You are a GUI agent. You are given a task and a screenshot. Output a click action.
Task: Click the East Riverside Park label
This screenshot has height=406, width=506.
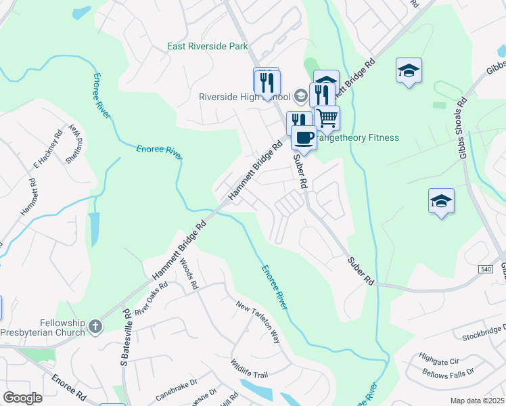tap(208, 47)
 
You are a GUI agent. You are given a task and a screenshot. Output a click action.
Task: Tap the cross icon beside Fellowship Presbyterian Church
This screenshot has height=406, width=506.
tap(96, 327)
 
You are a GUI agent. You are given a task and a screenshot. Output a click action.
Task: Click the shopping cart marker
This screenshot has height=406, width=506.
tap(327, 117)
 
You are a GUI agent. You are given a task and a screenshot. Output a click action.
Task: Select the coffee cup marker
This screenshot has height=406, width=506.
tap(304, 137)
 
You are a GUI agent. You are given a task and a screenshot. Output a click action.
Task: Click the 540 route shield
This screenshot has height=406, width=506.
tap(485, 269)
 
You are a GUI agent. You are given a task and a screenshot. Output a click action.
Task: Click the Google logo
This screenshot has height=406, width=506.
tap(22, 398)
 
